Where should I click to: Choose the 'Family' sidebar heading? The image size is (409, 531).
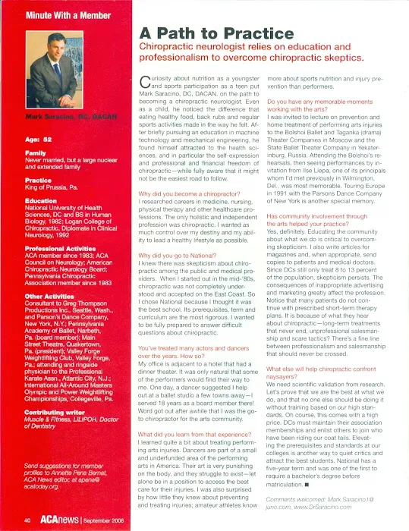pos(36,152)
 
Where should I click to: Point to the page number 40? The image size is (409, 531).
pos(27,520)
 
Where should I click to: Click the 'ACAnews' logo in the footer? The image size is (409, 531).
pos(62,520)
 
